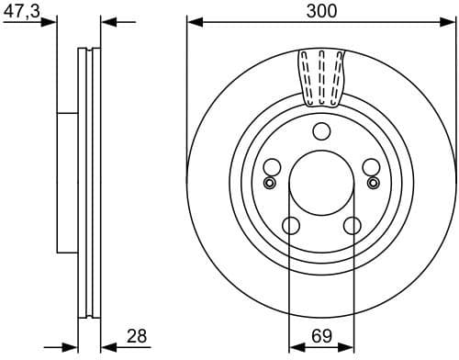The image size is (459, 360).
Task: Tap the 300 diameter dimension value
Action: (320, 10)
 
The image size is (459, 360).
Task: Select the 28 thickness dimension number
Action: (136, 337)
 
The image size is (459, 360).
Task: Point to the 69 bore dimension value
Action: (321, 337)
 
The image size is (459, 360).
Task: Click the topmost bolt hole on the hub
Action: (321, 131)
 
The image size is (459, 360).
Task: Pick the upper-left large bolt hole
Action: (272, 167)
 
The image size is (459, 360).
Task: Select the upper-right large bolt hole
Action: (371, 167)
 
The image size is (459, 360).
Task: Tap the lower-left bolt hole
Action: (291, 225)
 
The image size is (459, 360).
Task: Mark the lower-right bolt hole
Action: (352, 225)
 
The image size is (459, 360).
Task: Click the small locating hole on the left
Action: (269, 183)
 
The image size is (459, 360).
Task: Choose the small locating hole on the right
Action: (374, 183)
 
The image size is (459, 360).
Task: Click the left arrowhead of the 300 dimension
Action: (193, 21)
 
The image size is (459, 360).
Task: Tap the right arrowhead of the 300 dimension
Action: (450, 21)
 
